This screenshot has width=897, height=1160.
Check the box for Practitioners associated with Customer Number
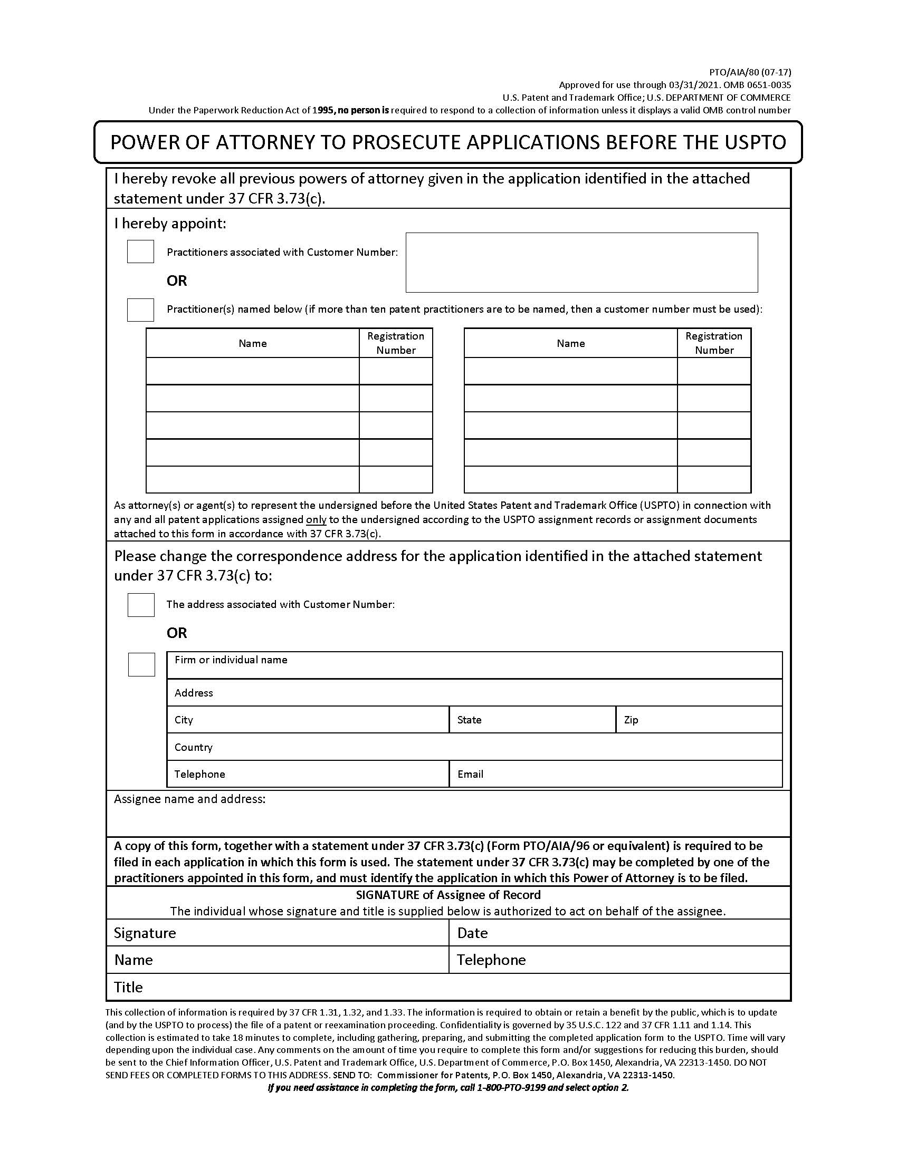(x=140, y=251)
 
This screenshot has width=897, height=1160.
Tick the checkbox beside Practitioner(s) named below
(x=140, y=310)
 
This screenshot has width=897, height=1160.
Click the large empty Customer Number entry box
(x=581, y=263)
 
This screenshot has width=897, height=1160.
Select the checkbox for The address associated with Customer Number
(x=141, y=604)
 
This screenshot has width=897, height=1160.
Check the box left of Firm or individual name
(x=141, y=664)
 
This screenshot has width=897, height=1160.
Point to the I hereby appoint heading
(x=170, y=223)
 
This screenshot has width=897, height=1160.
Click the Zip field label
(x=631, y=720)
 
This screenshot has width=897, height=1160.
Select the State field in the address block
(x=531, y=720)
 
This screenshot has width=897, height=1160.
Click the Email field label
(x=470, y=774)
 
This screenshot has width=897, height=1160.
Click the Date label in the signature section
(x=472, y=933)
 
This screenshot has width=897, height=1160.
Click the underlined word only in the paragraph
(x=316, y=519)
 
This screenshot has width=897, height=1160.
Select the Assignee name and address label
(x=189, y=799)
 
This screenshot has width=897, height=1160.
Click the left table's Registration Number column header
(x=395, y=343)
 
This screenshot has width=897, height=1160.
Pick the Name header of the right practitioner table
(x=570, y=343)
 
